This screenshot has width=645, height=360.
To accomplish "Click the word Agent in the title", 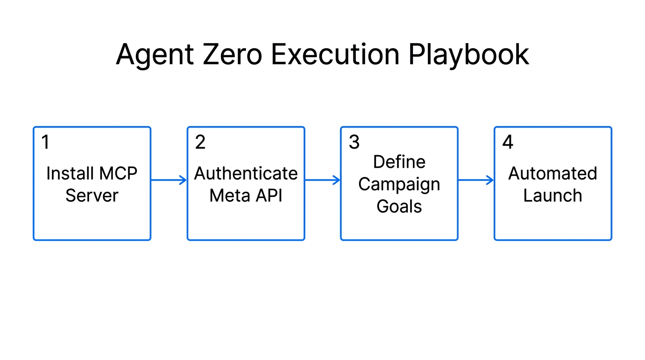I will pos(155,55).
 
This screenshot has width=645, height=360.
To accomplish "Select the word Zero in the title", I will pos(233,55).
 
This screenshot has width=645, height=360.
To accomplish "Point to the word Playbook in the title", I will pos(468,55).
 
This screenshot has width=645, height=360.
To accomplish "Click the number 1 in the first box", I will pos(45,142).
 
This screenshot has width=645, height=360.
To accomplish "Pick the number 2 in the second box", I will pos(200,142).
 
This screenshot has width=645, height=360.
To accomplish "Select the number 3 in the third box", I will pos(354,142).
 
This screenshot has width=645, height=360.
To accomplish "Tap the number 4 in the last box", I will pos(508,142).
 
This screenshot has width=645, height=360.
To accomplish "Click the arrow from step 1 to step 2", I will pos(169,180).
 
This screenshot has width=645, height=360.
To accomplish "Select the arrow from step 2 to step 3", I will pos(322,180).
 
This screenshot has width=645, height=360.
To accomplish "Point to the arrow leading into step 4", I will pos(476,180).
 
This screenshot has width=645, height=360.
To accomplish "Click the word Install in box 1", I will pos(69,174).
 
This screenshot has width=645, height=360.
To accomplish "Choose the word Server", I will pos(92,195).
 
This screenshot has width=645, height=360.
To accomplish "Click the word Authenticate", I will pos(246,174).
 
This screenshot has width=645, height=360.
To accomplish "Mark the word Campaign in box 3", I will pos(399,185).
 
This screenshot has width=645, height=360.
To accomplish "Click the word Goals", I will pos(399,206).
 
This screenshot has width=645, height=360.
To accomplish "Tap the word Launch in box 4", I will pos(553,195).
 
